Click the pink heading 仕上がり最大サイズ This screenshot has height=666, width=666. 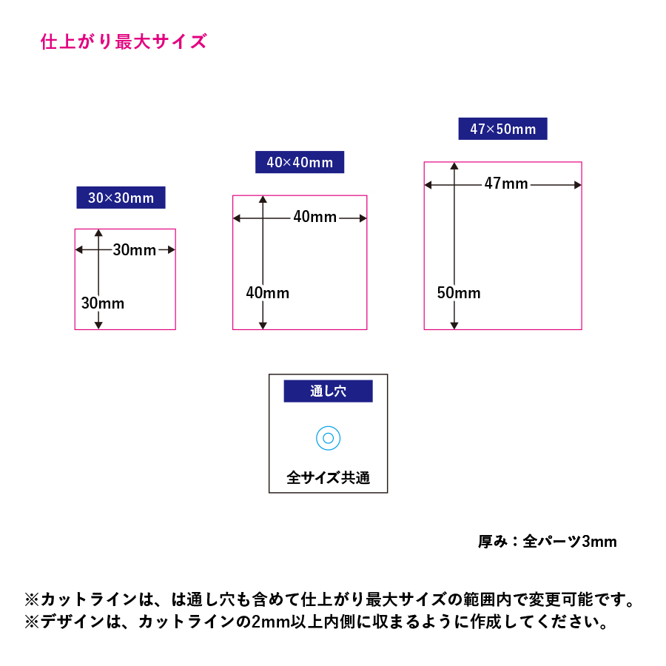(124, 41)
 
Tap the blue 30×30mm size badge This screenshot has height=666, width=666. (121, 198)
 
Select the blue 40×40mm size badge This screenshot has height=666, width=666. (300, 162)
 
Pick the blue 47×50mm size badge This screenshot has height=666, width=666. (502, 129)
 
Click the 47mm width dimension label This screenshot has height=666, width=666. (506, 184)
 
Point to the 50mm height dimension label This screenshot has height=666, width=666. (459, 292)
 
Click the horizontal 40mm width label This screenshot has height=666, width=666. (314, 217)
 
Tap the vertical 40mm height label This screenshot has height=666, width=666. (268, 292)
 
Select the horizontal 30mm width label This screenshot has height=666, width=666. (134, 250)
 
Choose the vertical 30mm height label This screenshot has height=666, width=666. (103, 303)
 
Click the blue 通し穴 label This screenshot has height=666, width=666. (329, 391)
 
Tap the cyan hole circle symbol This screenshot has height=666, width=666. (329, 426)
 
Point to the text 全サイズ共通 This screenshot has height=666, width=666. (329, 478)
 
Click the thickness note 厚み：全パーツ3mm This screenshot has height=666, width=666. (547, 542)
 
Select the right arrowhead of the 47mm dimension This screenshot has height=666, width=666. (578, 185)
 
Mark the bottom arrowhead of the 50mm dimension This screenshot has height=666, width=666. (454, 326)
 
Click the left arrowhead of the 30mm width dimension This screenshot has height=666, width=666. (79, 250)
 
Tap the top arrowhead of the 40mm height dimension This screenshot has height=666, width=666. (263, 199)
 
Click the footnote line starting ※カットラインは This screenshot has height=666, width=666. (330, 599)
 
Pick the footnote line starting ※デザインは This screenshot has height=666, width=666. (317, 622)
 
